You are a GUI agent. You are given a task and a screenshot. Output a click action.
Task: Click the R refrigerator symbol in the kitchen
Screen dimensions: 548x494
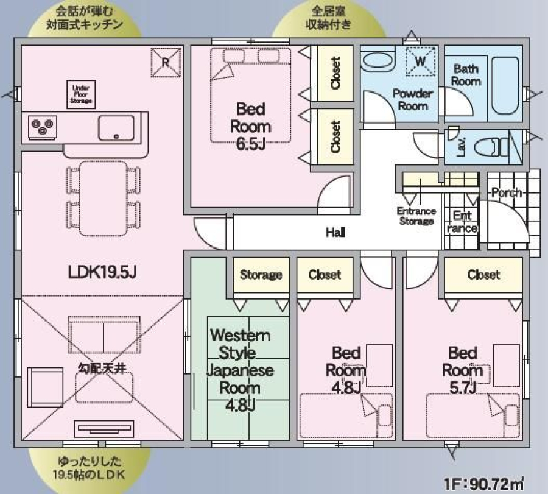(x=166, y=63)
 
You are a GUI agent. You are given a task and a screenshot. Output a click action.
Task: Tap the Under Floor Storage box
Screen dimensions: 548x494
(x=81, y=94)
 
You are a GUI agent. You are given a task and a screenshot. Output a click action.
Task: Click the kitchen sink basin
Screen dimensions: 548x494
(x=116, y=128)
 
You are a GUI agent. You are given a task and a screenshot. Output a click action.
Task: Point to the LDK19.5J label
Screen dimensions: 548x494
(x=102, y=272)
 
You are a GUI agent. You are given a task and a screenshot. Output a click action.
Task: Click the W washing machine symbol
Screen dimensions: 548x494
(x=421, y=62)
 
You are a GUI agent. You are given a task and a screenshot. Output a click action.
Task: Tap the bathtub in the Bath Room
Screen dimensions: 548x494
(x=505, y=86)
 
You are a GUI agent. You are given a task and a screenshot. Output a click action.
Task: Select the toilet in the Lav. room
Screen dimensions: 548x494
(x=492, y=147)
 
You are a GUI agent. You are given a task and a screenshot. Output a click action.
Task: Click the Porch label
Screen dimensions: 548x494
(x=507, y=192)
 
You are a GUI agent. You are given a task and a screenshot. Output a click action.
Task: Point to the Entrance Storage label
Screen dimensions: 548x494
(x=416, y=216)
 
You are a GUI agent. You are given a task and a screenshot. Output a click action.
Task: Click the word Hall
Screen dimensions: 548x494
(x=335, y=232)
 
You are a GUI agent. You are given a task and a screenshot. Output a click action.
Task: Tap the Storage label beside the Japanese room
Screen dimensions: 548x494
(x=261, y=275)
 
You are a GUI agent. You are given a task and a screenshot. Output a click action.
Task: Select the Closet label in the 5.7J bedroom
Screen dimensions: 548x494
(x=483, y=275)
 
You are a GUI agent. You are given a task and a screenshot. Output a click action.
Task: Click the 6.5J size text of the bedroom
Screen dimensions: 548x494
(x=251, y=143)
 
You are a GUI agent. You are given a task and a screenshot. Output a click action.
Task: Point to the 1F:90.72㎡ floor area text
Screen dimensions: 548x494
(x=484, y=484)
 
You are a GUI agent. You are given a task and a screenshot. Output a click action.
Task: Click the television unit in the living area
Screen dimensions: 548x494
(x=104, y=429)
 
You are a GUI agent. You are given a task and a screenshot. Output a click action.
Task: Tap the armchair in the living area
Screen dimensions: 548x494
(x=45, y=387)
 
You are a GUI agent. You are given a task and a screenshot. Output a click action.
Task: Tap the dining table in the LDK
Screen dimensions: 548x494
(x=104, y=198)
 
